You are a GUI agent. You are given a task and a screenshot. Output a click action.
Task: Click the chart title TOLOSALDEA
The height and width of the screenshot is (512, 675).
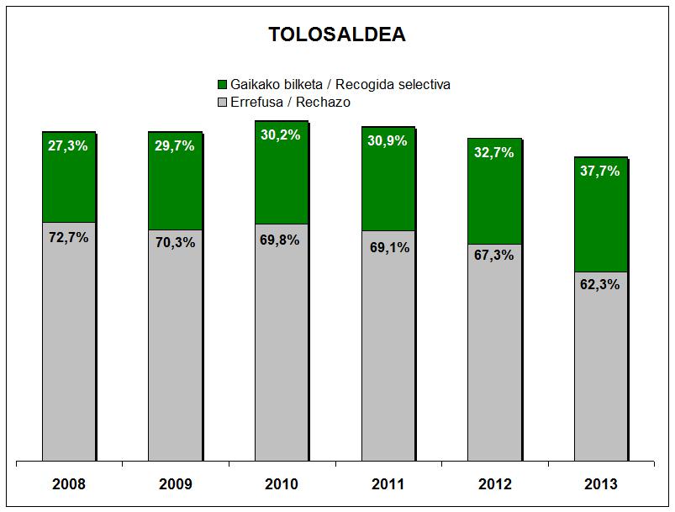(336, 34)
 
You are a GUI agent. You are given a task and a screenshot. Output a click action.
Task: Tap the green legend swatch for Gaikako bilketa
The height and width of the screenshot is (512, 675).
(223, 85)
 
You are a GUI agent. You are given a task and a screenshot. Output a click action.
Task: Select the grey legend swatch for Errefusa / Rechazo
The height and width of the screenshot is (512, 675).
(223, 103)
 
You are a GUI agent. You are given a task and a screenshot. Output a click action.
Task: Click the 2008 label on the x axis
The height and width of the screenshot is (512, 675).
(69, 484)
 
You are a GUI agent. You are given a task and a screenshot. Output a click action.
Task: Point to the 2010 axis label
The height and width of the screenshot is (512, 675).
(282, 484)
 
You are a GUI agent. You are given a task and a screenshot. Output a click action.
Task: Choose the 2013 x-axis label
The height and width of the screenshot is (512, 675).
(600, 484)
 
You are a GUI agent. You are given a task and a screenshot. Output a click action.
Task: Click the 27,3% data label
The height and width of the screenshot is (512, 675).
(69, 145)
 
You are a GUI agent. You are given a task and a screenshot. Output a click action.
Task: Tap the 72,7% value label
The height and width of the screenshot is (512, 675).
(69, 237)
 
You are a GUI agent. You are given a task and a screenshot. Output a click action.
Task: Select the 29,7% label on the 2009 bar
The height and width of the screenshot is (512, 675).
(175, 145)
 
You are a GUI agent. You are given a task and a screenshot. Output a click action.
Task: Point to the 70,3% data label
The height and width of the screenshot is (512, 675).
(175, 243)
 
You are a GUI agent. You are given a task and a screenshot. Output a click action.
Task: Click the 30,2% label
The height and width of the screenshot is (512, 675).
(282, 135)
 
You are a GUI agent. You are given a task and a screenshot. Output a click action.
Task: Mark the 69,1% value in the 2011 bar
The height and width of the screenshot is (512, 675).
(388, 249)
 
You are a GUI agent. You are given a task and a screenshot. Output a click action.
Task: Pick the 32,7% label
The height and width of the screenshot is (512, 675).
(494, 153)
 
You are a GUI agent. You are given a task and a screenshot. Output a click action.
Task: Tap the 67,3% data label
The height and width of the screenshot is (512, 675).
(494, 256)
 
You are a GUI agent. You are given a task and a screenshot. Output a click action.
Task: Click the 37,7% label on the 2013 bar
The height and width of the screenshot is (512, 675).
(600, 171)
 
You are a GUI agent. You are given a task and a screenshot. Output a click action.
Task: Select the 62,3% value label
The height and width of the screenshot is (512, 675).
(600, 284)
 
